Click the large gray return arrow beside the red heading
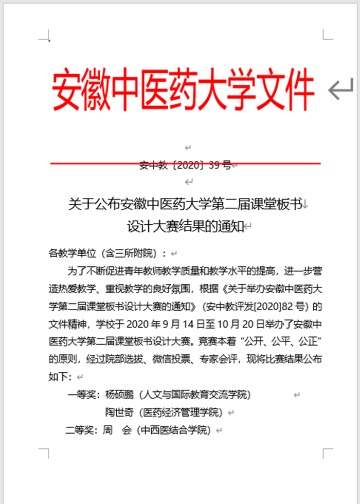(340, 89)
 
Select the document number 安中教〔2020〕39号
(185, 166)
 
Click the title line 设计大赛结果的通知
(185, 226)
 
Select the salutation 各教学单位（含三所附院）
(107, 253)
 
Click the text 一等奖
(82, 395)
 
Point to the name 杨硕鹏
(119, 395)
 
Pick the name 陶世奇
(119, 412)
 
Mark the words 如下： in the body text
(60, 377)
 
